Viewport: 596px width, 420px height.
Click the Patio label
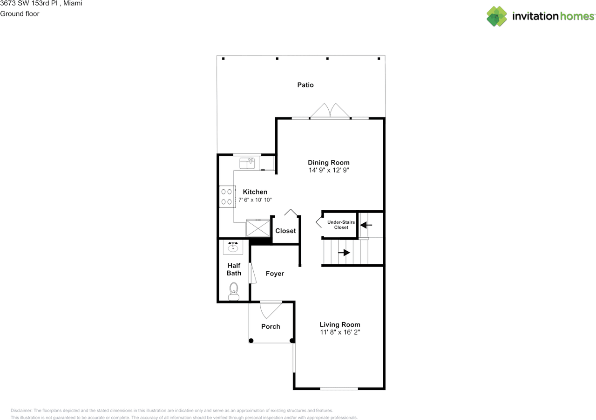click(305, 85)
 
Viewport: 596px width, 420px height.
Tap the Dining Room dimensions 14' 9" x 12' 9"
click(329, 171)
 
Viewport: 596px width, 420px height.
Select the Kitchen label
click(255, 192)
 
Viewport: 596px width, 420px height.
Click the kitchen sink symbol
click(247, 163)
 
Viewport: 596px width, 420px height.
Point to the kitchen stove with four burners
click(227, 196)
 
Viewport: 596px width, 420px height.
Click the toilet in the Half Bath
click(234, 291)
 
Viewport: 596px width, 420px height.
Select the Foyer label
click(275, 274)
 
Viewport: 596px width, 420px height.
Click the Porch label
click(271, 326)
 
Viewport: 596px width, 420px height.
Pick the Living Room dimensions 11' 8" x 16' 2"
click(340, 333)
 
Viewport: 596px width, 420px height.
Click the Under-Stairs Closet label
click(341, 225)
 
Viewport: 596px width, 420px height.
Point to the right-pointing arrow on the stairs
click(345, 253)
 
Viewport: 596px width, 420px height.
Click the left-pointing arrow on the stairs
click(366, 225)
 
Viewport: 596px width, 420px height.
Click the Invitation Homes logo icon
click(497, 16)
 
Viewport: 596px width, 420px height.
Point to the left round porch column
click(251, 341)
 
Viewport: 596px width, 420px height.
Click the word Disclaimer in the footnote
click(21, 411)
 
